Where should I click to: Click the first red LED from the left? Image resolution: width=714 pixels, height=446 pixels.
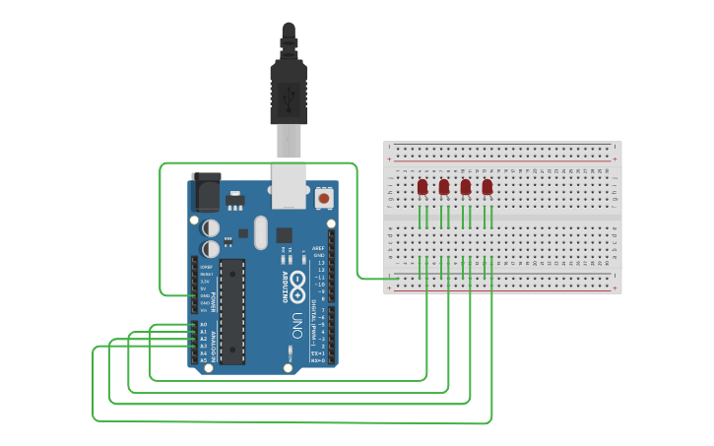click(x=422, y=186)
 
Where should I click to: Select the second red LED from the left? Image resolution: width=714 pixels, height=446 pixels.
click(x=444, y=186)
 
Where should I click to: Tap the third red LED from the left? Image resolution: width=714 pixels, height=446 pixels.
click(x=466, y=186)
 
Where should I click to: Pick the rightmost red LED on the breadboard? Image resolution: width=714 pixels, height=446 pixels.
click(x=487, y=186)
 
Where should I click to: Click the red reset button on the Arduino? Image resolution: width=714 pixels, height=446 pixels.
click(x=323, y=199)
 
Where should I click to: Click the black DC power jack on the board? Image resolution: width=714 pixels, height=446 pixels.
click(x=207, y=191)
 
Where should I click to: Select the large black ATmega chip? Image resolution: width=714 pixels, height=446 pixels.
click(x=232, y=310)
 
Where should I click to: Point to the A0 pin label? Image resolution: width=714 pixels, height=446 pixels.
click(x=204, y=324)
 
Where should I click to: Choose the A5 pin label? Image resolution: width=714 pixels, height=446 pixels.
click(x=204, y=360)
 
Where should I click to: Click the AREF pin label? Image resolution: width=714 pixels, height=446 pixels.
click(x=318, y=248)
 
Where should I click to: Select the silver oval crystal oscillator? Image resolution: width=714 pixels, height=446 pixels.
click(x=260, y=232)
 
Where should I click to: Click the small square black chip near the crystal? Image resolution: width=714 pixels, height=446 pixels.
click(x=285, y=235)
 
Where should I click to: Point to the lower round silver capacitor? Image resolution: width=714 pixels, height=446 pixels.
click(x=211, y=250)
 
